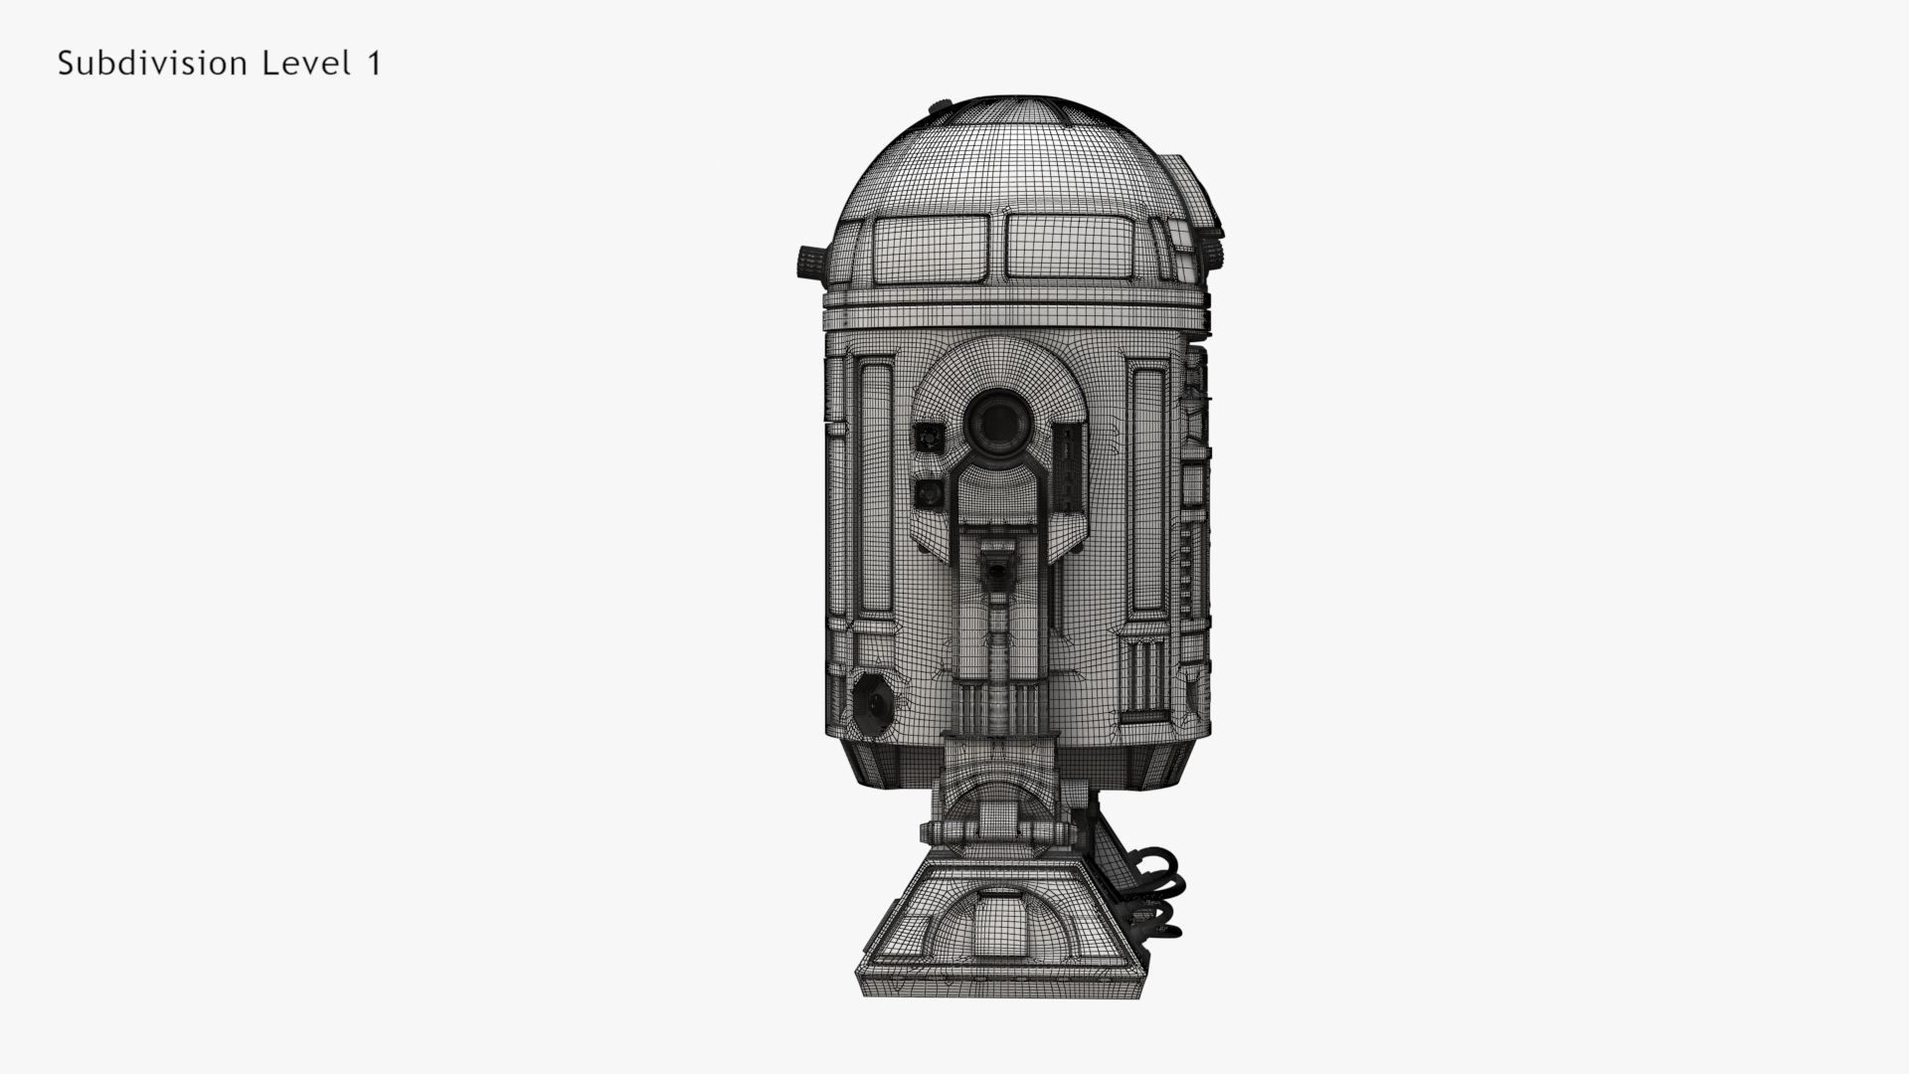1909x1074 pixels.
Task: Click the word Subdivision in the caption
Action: (150, 64)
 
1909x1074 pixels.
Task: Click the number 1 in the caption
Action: (374, 64)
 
